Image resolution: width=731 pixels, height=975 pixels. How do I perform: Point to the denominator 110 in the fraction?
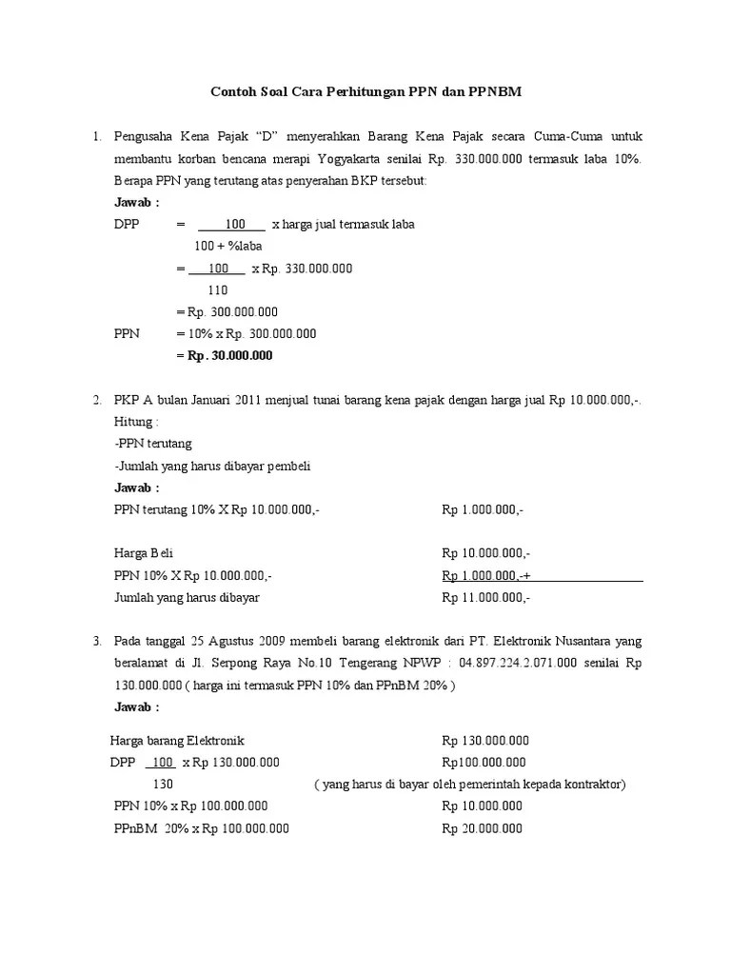point(218,290)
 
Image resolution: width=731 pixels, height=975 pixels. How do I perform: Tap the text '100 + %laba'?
point(227,247)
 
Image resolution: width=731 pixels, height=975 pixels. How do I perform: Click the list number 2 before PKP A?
point(97,400)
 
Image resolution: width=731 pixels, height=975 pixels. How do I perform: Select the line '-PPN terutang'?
point(152,444)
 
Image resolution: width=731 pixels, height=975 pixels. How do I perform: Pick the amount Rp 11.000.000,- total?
point(485,598)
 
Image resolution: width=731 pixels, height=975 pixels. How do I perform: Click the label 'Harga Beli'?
point(143,554)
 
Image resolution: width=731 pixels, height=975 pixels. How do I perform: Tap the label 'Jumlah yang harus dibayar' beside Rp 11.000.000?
point(187,598)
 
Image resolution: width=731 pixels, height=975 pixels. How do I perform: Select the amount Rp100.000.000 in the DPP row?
point(484,763)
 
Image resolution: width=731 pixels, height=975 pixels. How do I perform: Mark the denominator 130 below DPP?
point(163,785)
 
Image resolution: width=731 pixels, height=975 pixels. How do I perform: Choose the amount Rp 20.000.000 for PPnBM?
point(482,828)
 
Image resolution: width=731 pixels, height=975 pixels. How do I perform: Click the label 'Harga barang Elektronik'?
point(177,741)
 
